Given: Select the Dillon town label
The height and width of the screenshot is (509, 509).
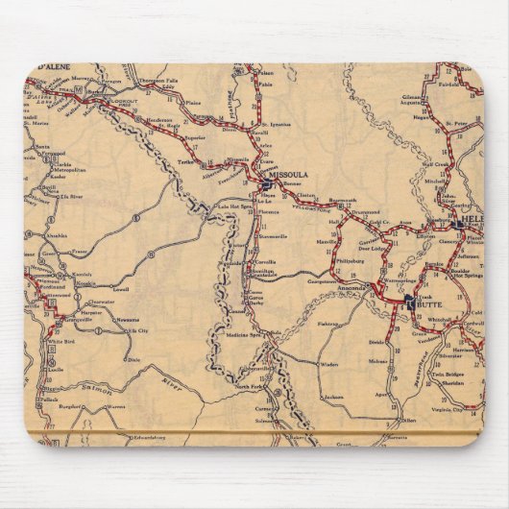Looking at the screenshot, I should (409, 421).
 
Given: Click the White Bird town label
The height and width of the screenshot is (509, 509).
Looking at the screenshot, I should (61, 341).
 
